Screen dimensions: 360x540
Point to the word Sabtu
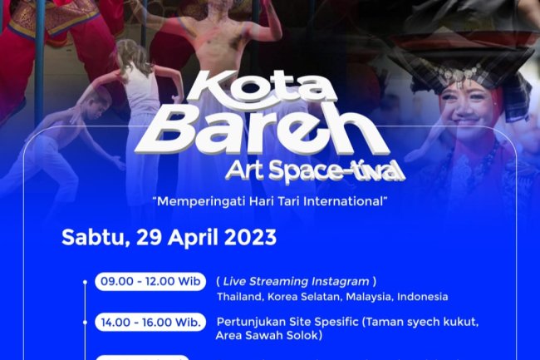point(90,237)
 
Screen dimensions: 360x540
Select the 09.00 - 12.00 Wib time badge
point(150,282)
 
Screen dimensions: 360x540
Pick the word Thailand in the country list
point(240,297)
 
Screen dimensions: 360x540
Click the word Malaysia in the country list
point(368,297)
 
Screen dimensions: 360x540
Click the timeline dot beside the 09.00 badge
point(85,282)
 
